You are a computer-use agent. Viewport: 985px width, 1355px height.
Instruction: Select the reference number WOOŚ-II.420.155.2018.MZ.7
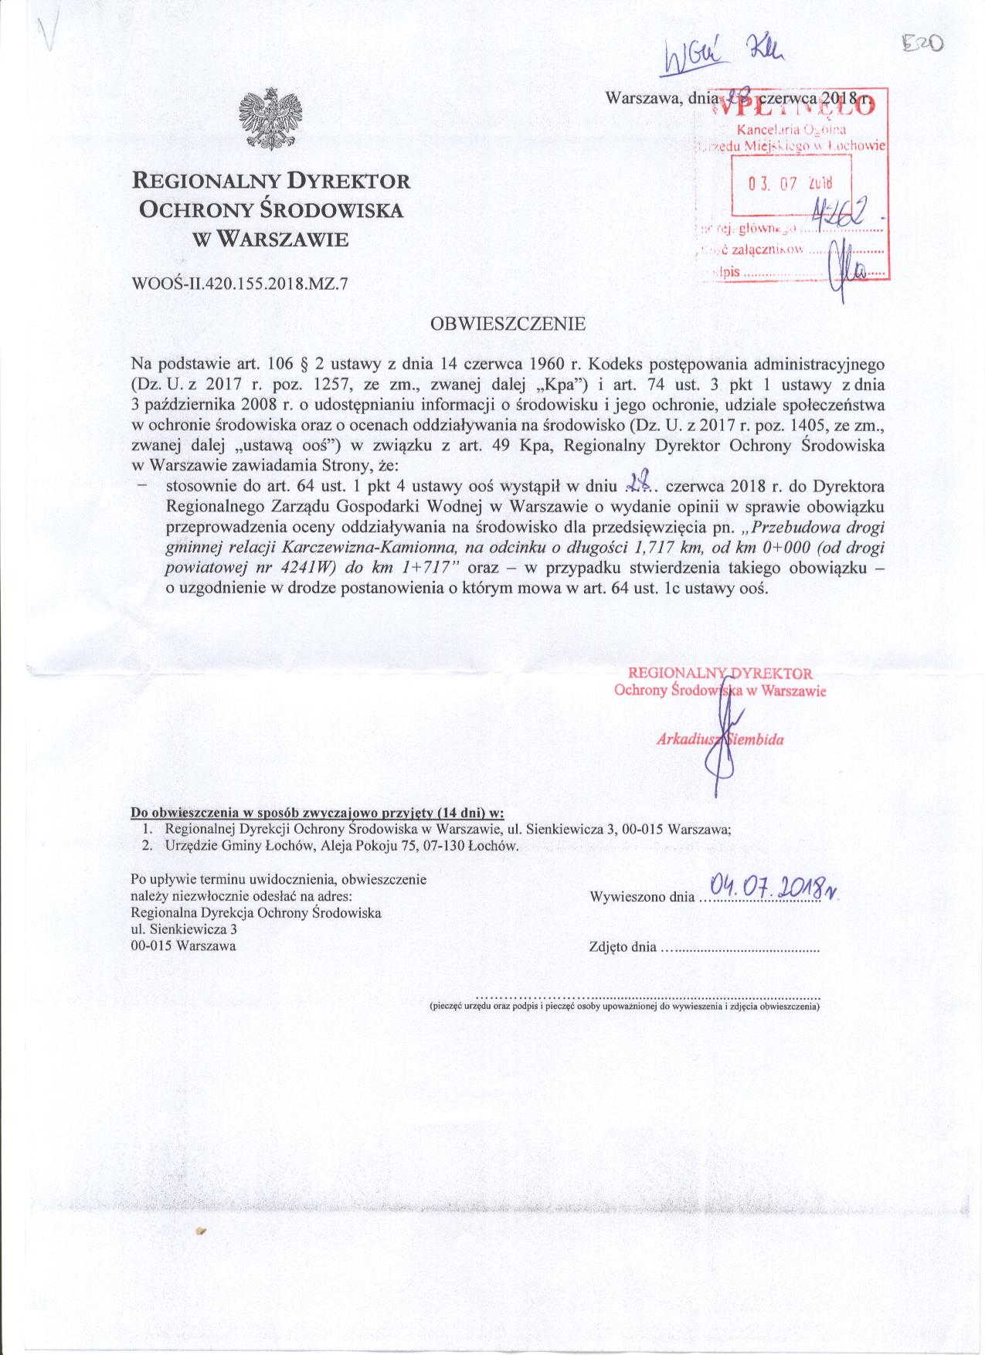tap(240, 284)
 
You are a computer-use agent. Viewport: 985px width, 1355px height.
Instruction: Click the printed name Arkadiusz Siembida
tap(719, 739)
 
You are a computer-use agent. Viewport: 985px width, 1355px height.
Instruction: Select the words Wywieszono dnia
tap(641, 897)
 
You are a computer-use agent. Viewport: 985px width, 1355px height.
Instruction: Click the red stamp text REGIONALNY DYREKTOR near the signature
tap(722, 674)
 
